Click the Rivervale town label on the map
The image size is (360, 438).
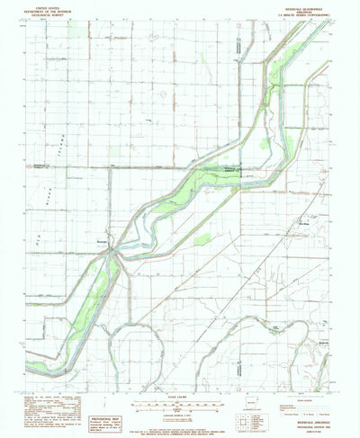tap(102, 241)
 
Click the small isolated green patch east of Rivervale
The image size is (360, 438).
tap(203, 238)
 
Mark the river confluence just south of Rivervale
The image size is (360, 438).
tap(111, 255)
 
